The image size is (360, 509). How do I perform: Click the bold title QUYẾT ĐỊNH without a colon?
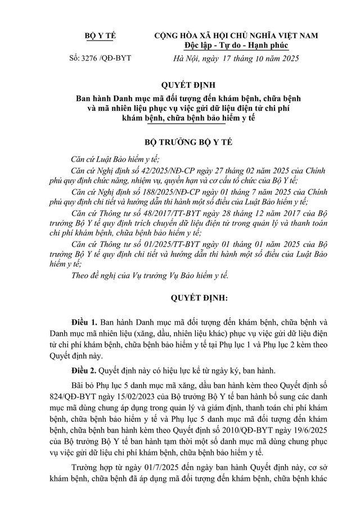[180, 85]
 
